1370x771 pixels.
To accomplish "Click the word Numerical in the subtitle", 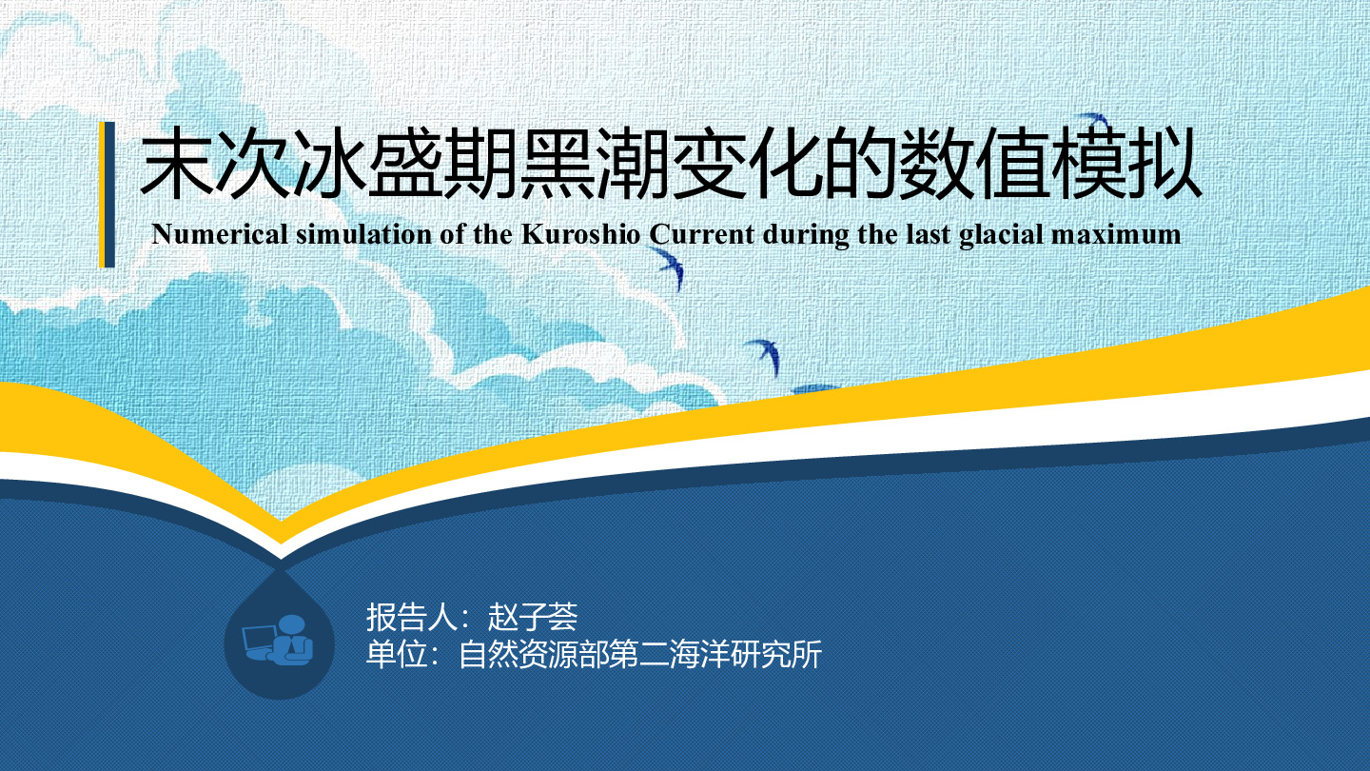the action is pyautogui.click(x=219, y=234).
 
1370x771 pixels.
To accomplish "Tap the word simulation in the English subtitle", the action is pyautogui.click(x=363, y=234).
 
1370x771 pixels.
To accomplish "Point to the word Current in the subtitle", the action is pyautogui.click(x=701, y=234).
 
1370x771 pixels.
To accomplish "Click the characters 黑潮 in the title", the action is pyautogui.click(x=595, y=164).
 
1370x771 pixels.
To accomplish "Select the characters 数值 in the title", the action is pyautogui.click(x=973, y=164).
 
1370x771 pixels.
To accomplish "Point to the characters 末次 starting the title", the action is pyautogui.click(x=215, y=164).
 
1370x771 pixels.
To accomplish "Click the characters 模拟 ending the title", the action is pyautogui.click(x=1125, y=164).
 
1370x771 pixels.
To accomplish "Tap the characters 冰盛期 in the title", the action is pyautogui.click(x=405, y=164).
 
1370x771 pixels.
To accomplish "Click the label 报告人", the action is pyautogui.click(x=412, y=617).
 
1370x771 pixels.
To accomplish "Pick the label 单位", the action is pyautogui.click(x=397, y=654).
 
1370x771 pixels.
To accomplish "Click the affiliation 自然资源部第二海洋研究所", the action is pyautogui.click(x=640, y=654).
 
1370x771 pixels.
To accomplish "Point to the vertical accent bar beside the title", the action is pyautogui.click(x=107, y=194).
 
